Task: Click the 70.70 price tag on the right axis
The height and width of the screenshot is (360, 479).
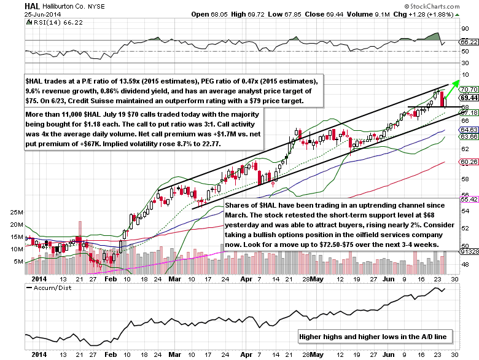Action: point(469,90)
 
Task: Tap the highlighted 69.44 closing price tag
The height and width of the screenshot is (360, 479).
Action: point(469,97)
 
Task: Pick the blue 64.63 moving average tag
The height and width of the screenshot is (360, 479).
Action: point(469,130)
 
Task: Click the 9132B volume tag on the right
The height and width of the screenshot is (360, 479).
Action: point(469,251)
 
